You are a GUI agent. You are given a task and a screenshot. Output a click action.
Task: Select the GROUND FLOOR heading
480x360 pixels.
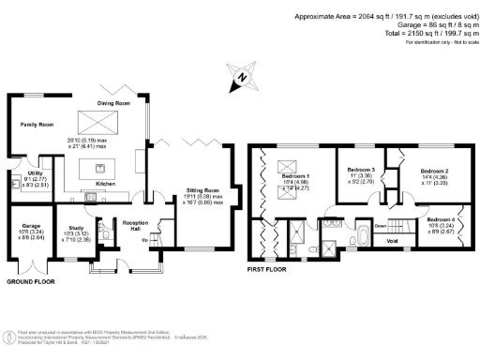click(x=31, y=281)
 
